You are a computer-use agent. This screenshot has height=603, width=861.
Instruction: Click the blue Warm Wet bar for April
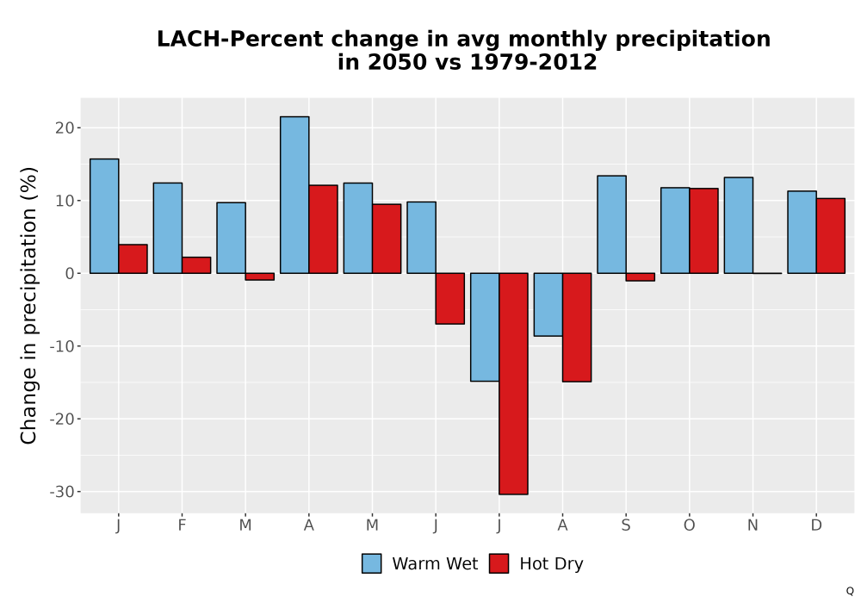tap(294, 195)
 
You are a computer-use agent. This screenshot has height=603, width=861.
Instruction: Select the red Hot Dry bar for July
tap(513, 384)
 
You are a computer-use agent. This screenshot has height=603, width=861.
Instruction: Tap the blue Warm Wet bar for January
tap(104, 216)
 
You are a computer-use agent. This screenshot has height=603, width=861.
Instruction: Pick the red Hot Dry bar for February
tap(196, 265)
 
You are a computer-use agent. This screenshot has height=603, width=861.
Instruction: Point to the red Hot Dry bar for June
tap(450, 299)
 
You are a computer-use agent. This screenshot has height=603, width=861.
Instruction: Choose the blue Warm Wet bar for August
tap(548, 304)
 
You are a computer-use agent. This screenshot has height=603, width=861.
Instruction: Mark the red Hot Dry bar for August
tap(577, 327)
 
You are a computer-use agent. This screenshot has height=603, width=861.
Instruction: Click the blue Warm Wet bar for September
tap(611, 224)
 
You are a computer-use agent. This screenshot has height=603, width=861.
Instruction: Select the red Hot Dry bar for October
tap(704, 231)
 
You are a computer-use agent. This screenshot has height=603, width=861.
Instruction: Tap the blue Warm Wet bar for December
tap(802, 232)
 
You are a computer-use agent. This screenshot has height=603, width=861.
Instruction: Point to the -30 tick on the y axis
tap(78, 492)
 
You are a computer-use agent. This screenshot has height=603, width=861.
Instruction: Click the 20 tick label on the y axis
tap(65, 128)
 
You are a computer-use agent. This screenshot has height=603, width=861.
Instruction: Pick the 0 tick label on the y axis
tap(69, 273)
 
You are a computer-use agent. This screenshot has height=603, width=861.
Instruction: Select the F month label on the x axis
tap(182, 525)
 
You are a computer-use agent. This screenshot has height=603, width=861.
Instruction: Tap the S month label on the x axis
tap(626, 525)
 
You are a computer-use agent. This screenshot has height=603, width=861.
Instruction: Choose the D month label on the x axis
tap(816, 525)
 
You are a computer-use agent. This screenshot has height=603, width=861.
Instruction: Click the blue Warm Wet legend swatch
tap(372, 563)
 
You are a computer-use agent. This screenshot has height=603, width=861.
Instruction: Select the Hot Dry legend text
tap(551, 564)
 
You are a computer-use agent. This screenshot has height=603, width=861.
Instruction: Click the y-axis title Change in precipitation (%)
tap(28, 305)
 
